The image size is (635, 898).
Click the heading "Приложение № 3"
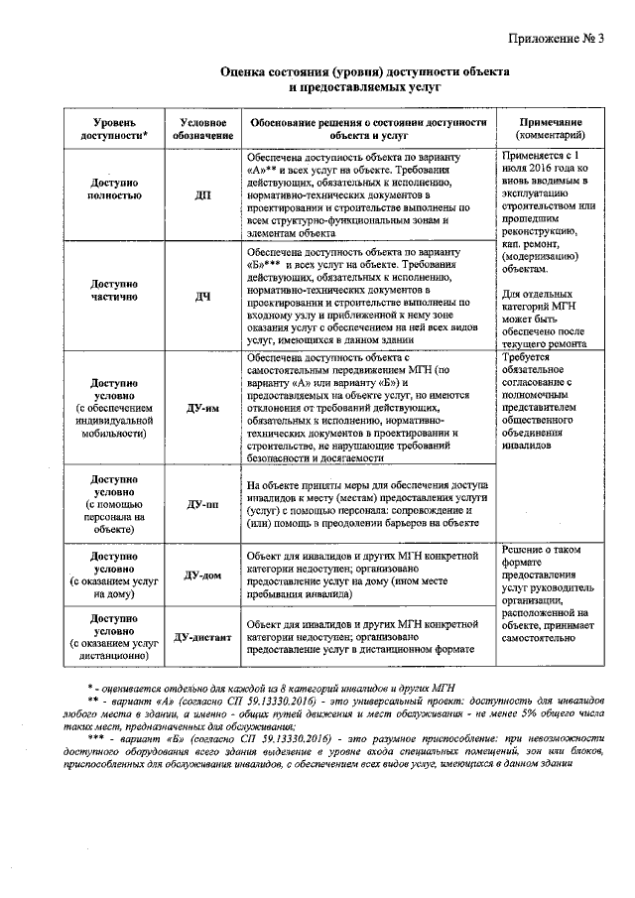(559, 39)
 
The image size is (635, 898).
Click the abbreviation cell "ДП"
(202, 195)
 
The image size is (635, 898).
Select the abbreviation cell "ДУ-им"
(202, 407)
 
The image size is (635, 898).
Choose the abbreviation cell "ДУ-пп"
(202, 503)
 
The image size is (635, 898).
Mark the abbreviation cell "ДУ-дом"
(202, 575)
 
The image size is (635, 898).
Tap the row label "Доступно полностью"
(118, 190)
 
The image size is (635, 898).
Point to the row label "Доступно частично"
(118, 290)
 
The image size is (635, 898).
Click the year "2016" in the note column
(547, 170)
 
